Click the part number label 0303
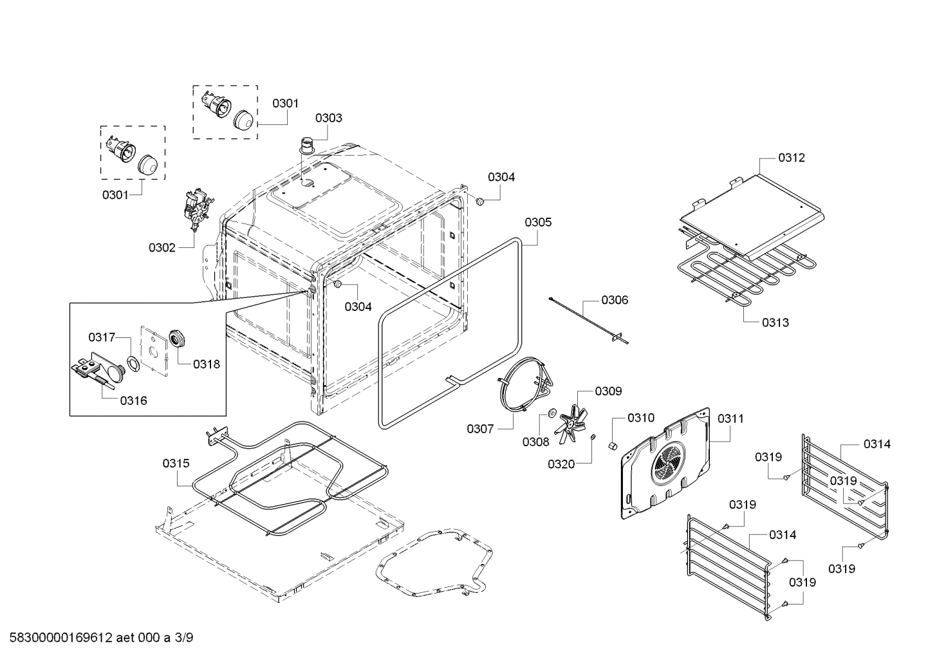328,118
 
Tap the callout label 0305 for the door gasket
537,222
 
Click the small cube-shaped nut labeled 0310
613,445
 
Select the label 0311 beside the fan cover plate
730,418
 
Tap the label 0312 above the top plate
791,158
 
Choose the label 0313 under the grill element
775,323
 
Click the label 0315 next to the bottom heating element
176,463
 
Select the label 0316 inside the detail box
133,400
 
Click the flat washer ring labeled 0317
133,364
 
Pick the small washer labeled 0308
552,413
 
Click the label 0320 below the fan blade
561,464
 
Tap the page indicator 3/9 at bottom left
183,639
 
